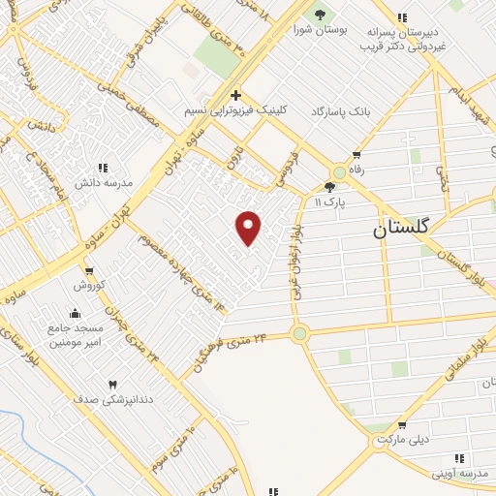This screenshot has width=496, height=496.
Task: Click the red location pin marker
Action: click(249, 228)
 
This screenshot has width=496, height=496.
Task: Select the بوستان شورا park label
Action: click(319, 29)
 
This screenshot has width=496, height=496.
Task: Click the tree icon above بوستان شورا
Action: click(320, 15)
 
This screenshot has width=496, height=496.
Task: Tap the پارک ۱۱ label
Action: click(329, 201)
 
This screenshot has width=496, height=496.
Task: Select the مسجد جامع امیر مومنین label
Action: click(75, 335)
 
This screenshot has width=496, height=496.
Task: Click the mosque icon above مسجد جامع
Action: click(75, 313)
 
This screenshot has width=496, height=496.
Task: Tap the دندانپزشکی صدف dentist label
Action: click(112, 398)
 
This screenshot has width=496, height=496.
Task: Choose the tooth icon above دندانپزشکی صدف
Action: click(112, 384)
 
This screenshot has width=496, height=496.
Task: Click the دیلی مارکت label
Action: click(402, 439)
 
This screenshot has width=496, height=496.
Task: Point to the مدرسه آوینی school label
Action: click(458, 472)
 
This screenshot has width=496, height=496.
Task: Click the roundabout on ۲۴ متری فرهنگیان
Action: click(299, 334)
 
